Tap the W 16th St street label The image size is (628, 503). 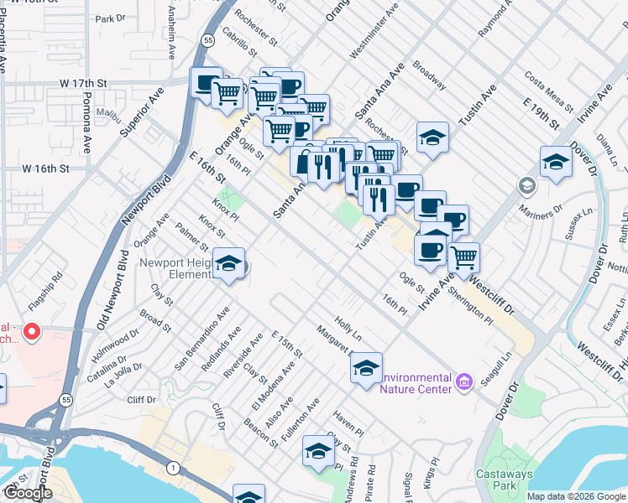[x=56, y=169]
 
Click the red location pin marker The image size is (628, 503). [x=32, y=333]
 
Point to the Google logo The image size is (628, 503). [x=28, y=493]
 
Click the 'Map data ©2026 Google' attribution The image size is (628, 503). [x=576, y=496]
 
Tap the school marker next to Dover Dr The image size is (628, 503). [x=556, y=162]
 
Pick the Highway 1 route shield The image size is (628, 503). [x=172, y=466]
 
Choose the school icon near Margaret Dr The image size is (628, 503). [x=366, y=369]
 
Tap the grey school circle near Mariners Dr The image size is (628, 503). [x=526, y=184]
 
